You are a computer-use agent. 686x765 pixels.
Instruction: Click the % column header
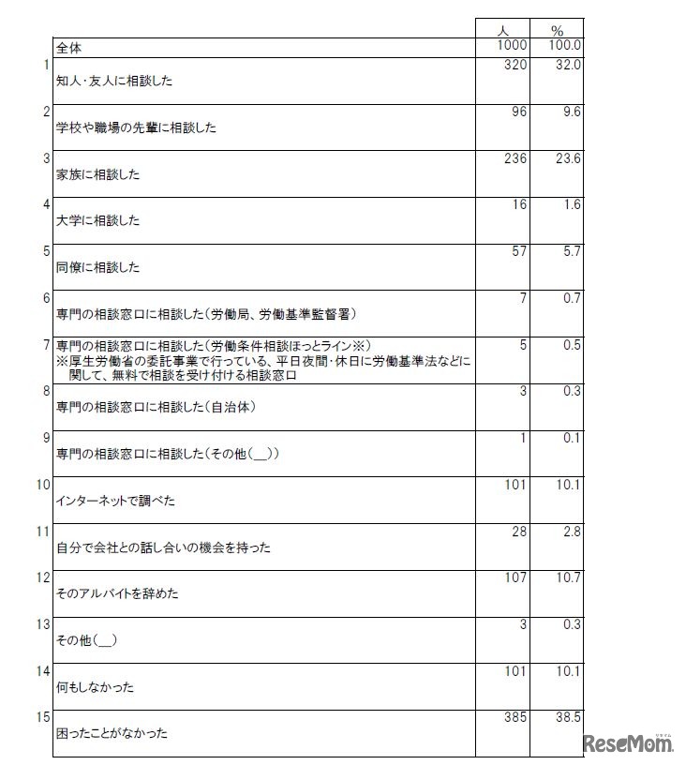point(558,30)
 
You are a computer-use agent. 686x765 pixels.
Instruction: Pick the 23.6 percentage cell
point(566,158)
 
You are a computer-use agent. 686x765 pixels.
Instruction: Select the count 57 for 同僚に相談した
point(519,252)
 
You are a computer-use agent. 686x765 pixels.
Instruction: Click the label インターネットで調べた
point(116,501)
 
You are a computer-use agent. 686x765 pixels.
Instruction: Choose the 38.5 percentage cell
point(566,717)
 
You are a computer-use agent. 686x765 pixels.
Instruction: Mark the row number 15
point(43,717)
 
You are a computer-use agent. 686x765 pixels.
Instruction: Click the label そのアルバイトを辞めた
point(117,594)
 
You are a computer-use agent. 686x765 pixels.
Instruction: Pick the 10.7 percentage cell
point(566,577)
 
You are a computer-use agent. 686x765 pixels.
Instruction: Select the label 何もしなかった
point(96,687)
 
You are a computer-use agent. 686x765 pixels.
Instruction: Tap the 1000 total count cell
point(513,45)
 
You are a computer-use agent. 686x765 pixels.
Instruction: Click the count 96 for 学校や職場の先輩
point(519,112)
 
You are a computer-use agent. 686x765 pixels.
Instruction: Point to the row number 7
point(46,345)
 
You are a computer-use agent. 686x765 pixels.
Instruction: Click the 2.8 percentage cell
point(570,532)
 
